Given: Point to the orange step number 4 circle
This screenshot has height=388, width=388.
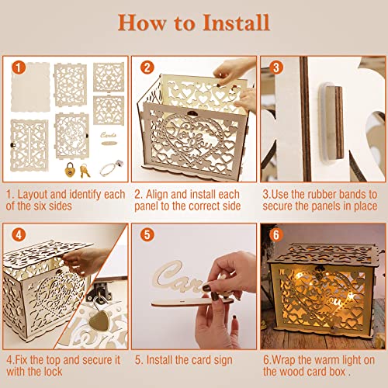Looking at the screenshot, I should pos(17,233).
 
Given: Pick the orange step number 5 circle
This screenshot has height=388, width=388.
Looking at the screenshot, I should pos(144,233).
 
